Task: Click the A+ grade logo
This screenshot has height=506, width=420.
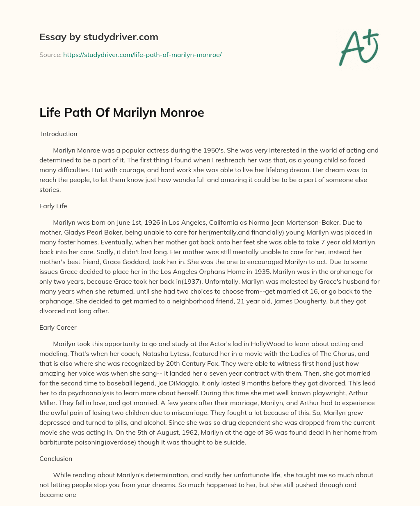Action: [358, 48]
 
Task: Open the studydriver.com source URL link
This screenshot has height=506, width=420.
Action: [142, 55]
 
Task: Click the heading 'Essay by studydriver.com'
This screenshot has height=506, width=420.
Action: [98, 37]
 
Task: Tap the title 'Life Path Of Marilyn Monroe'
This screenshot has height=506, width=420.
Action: [121, 112]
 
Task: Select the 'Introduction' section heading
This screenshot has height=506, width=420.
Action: [59, 134]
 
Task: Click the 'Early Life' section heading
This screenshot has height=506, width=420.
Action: [53, 206]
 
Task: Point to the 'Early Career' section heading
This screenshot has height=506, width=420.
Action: [58, 328]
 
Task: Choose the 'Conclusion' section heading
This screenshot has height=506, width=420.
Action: [56, 459]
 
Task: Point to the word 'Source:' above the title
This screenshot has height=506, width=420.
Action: [50, 55]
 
